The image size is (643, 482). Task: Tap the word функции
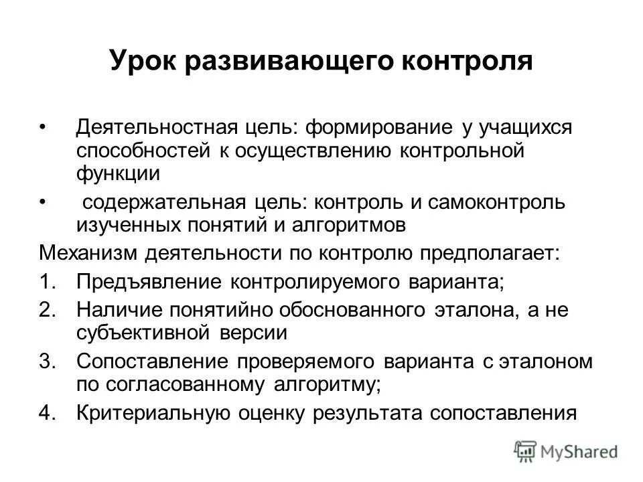click(117, 174)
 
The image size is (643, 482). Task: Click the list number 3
click(47, 361)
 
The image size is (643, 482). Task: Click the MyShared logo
click(566, 451)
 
